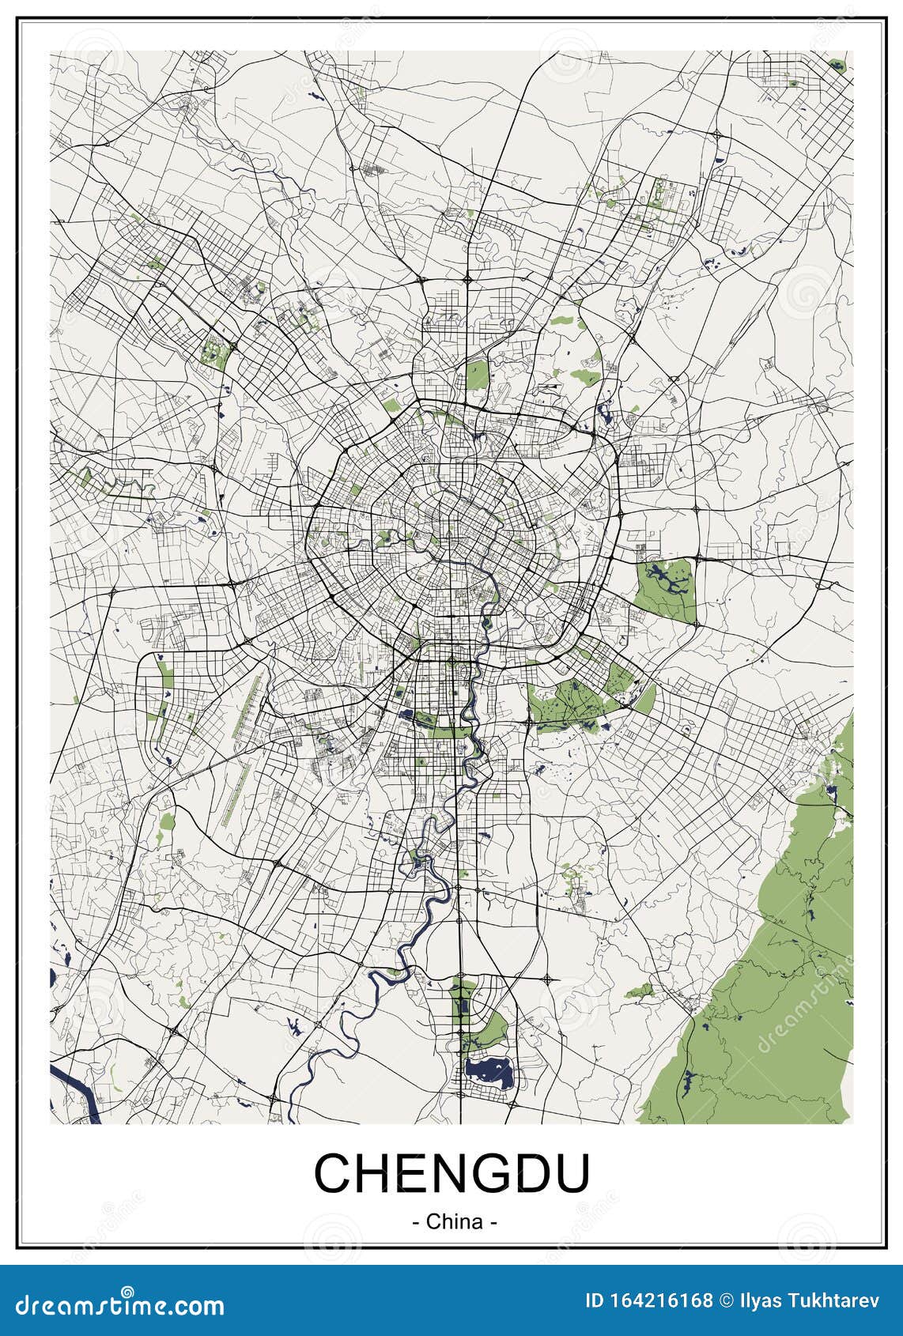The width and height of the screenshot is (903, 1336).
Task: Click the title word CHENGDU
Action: pyautogui.click(x=451, y=1173)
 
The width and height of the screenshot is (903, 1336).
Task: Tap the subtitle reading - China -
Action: pyautogui.click(x=454, y=1221)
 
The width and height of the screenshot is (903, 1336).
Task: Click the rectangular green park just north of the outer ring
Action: pyautogui.click(x=477, y=375)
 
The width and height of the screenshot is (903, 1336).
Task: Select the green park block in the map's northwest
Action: pyautogui.click(x=214, y=352)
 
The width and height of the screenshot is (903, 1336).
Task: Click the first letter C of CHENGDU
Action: pyautogui.click(x=332, y=1173)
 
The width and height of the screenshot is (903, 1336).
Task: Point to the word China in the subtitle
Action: pyautogui.click(x=454, y=1221)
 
